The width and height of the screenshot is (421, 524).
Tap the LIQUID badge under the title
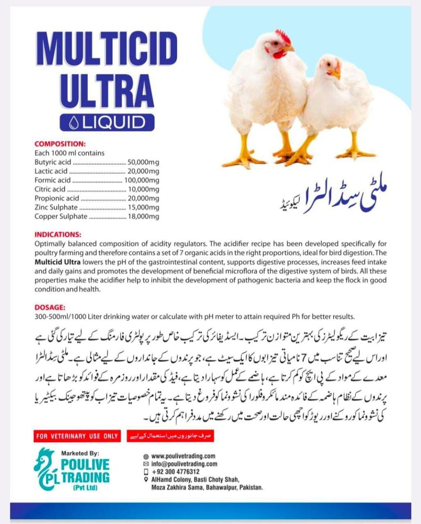[107, 122]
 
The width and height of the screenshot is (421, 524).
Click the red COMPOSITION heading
[60, 144]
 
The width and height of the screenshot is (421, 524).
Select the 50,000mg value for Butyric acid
[143, 162]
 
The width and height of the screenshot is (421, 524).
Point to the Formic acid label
[52, 180]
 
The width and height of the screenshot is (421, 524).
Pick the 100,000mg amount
[142, 180]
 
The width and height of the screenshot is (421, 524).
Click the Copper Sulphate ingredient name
[61, 216]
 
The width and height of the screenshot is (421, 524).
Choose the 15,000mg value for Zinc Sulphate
[143, 207]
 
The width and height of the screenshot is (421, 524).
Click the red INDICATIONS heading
[58, 235]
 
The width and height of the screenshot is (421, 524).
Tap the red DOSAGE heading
[50, 307]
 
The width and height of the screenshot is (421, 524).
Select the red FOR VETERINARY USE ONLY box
[77, 436]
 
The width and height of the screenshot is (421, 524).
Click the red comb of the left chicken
[283, 36]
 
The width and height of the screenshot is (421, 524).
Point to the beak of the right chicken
[336, 74]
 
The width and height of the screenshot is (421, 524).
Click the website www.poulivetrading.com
[183, 456]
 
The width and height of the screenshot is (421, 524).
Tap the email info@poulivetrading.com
[184, 464]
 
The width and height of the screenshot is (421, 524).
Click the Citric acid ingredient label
[50, 189]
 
